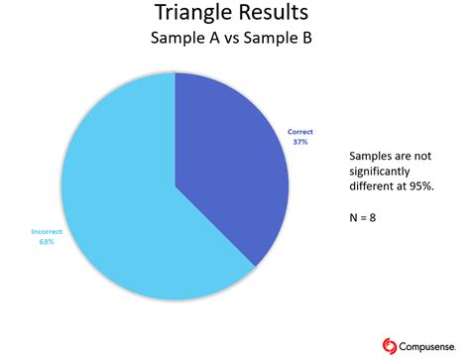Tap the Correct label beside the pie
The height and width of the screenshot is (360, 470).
(x=300, y=131)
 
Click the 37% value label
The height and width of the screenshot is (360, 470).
(x=300, y=141)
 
